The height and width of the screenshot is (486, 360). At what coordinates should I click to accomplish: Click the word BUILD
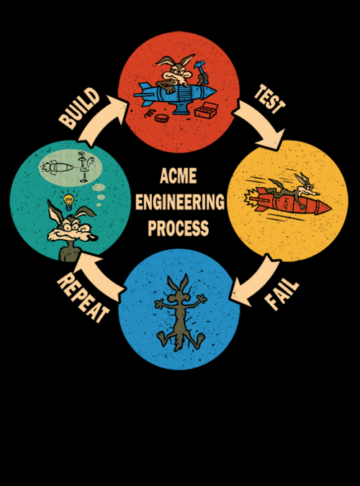pyautogui.click(x=79, y=108)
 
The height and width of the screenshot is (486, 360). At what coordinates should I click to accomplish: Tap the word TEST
pyautogui.click(x=269, y=99)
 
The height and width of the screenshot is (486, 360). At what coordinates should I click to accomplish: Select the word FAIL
pyautogui.click(x=282, y=294)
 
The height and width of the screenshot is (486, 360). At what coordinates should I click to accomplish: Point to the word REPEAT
pyautogui.click(x=83, y=298)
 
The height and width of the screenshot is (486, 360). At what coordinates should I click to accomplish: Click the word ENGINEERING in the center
pyautogui.click(x=180, y=202)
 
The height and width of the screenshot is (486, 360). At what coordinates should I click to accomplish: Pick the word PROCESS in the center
pyautogui.click(x=179, y=228)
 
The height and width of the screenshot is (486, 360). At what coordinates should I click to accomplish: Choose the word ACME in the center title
pyautogui.click(x=179, y=176)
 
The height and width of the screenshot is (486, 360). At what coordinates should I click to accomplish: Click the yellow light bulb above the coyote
pyautogui.click(x=68, y=202)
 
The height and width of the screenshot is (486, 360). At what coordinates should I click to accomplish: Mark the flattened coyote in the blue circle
pyautogui.click(x=180, y=312)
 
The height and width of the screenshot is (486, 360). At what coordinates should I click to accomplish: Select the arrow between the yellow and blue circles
pyautogui.click(x=256, y=281)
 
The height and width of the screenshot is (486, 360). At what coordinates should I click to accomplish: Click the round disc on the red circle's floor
pyautogui.click(x=161, y=118)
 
